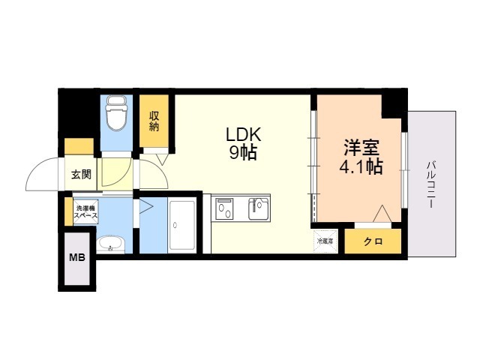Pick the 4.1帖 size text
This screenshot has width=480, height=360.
coord(360,167)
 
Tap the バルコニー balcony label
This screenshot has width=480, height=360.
coord(433,184)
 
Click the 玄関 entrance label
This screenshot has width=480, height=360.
coord(81,175)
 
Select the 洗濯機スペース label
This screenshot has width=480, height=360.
coord(85,211)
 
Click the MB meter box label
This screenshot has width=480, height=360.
coord(77,258)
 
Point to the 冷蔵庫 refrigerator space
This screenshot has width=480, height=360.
coord(325,241)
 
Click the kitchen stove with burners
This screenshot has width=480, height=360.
coord(225,208)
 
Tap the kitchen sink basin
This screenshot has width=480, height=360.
coord(259,208)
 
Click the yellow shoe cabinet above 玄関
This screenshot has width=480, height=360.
coord(79,146)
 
